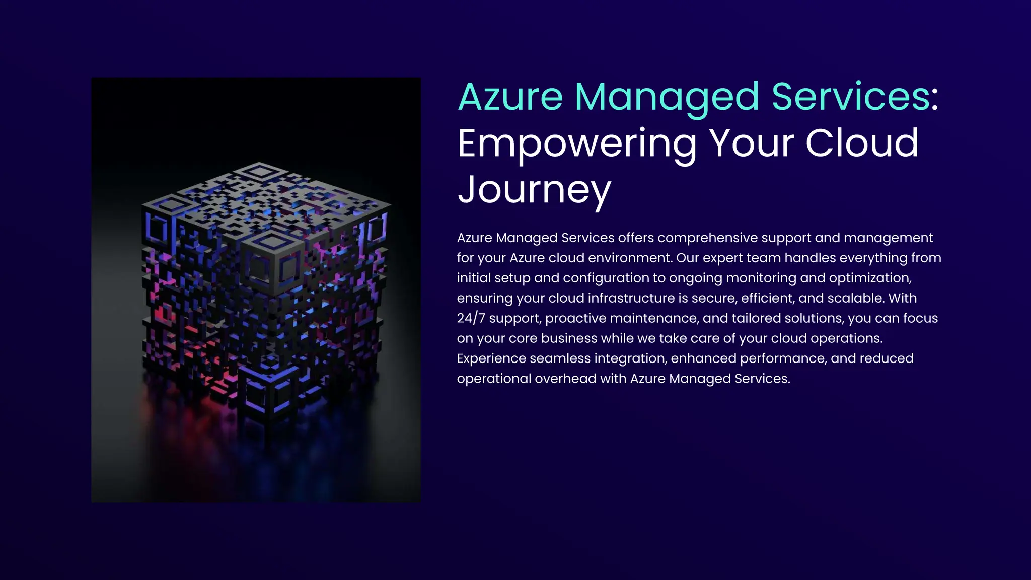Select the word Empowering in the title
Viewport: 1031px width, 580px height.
point(577,143)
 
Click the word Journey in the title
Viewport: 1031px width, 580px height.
point(534,190)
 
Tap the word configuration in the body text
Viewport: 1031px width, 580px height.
point(606,278)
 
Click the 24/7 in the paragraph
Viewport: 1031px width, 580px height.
point(471,318)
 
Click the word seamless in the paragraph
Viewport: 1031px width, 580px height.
point(560,358)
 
